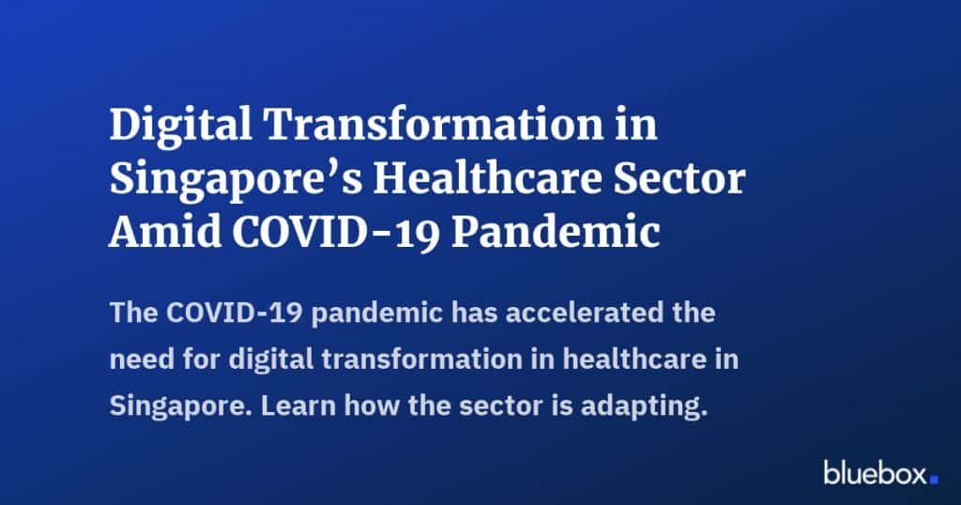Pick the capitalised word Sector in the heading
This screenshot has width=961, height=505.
[x=682, y=180]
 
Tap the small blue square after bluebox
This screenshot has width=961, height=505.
[x=934, y=479]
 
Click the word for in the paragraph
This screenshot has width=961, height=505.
[x=196, y=360]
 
